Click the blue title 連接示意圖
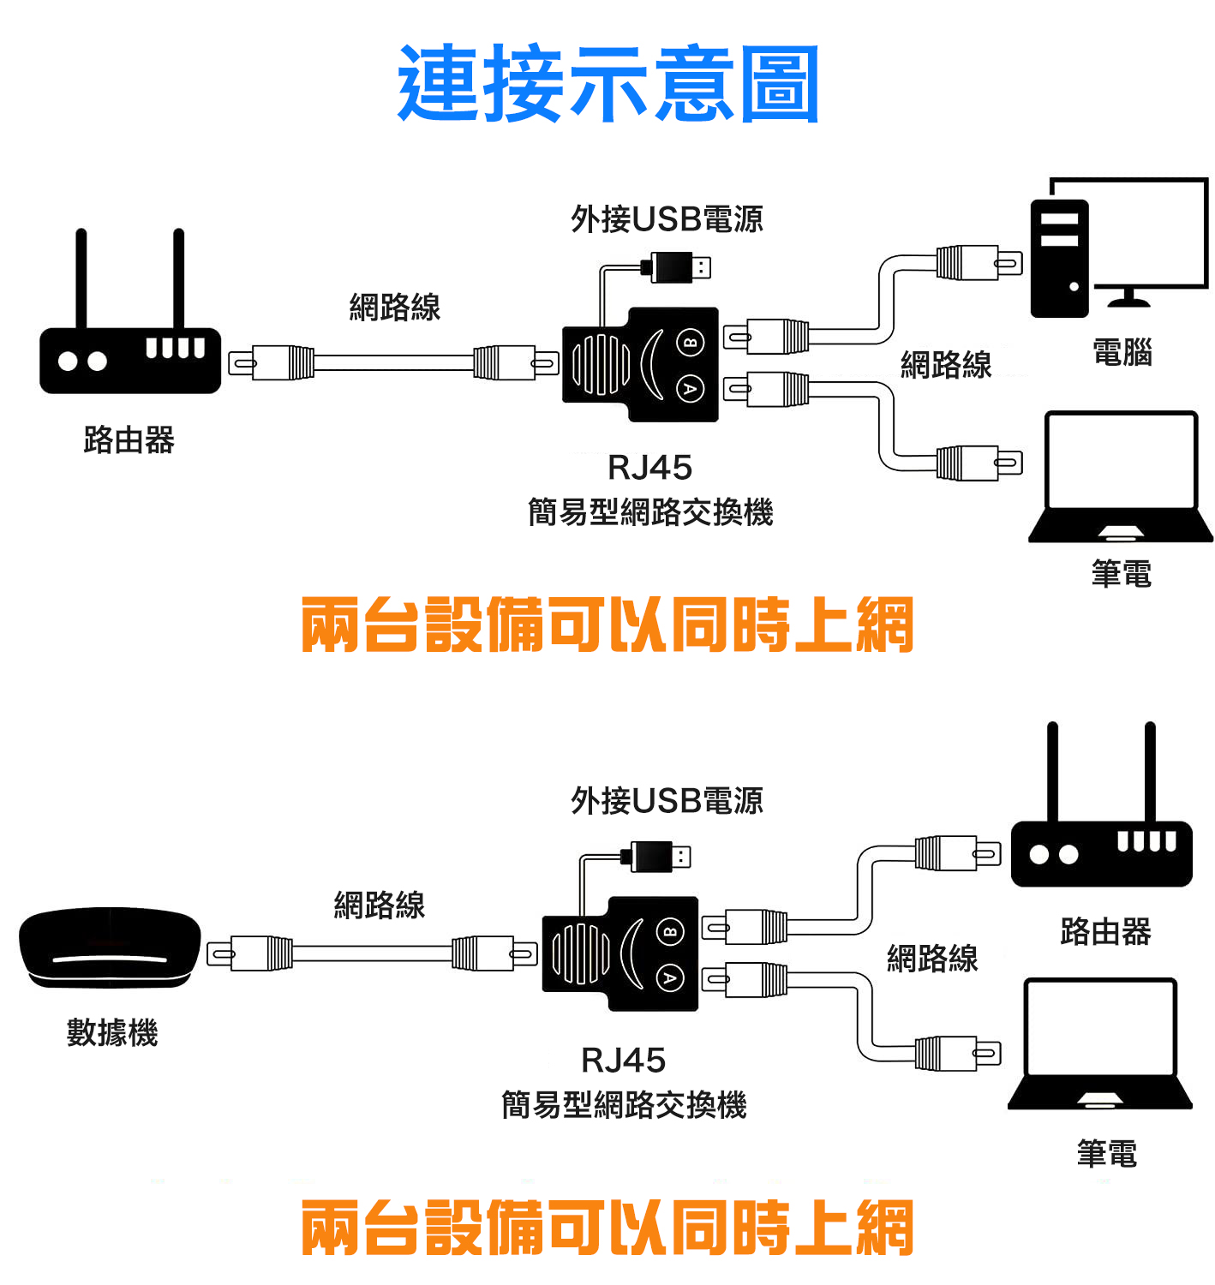click(607, 84)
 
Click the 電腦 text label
click(1122, 352)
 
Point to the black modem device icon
click(110, 947)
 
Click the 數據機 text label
click(112, 1032)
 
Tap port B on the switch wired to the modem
click(670, 931)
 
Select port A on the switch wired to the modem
click(670, 977)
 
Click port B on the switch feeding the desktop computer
click(691, 343)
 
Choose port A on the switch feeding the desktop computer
click(691, 389)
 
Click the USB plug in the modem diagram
click(660, 856)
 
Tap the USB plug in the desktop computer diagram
click(680, 267)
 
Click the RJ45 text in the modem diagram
click(623, 1061)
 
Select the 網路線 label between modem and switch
click(379, 905)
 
